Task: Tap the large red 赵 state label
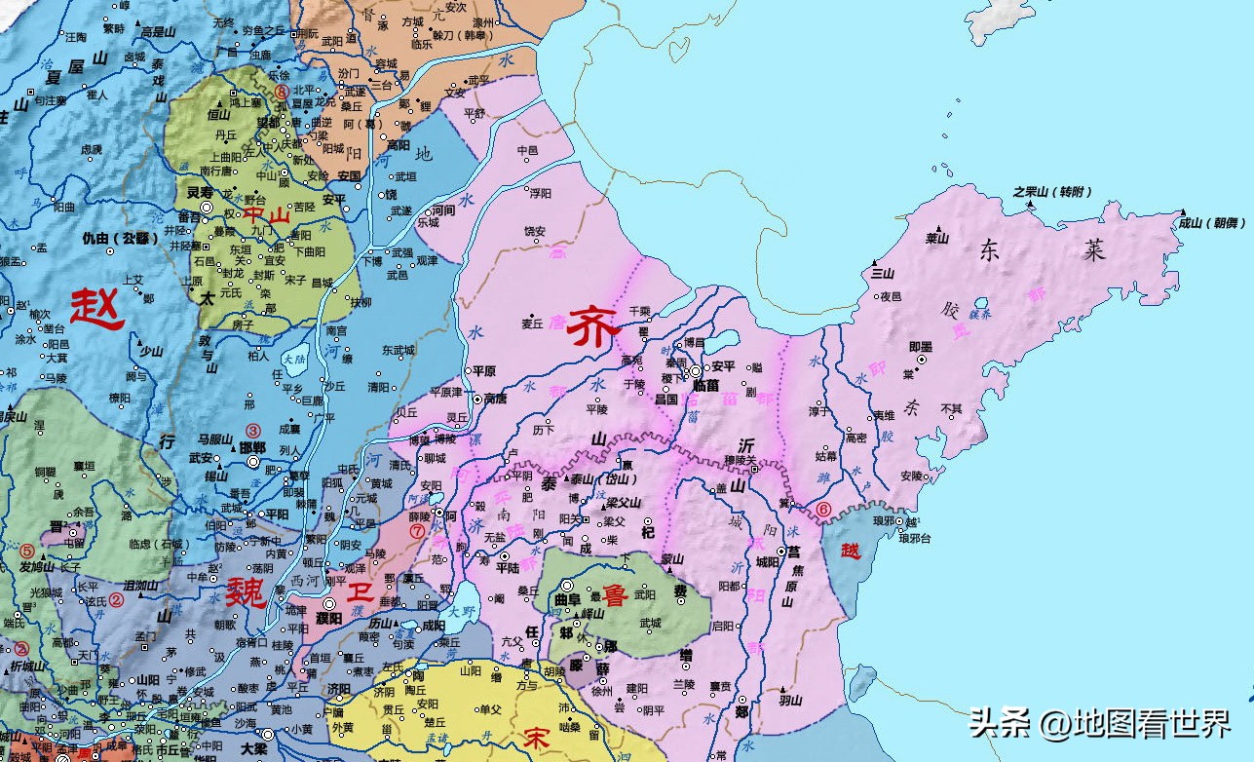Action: coord(96,309)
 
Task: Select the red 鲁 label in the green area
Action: coord(615,594)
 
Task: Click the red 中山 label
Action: coord(266,215)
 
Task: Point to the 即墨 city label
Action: coord(922,346)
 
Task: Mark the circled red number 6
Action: coord(824,509)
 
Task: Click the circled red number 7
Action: coord(418,531)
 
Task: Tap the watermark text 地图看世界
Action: coord(1152,725)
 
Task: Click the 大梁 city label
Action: coord(253,748)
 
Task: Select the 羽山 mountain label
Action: coord(789,700)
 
